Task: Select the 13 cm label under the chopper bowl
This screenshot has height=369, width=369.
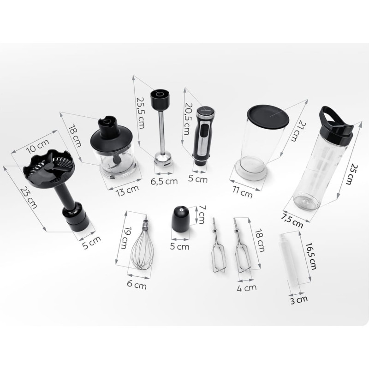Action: (x=127, y=190)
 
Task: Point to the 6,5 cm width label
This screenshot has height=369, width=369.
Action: (x=164, y=181)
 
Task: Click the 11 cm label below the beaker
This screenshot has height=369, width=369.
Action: (x=243, y=192)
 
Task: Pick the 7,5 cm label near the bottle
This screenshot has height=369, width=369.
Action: (x=292, y=221)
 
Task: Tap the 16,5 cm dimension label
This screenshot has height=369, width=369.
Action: (x=311, y=256)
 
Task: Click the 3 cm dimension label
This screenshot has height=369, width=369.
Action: (x=299, y=300)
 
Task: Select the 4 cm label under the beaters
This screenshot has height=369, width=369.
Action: (x=247, y=287)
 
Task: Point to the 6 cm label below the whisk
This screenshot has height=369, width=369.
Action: (x=137, y=285)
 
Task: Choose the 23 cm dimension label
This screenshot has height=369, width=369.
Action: (x=29, y=198)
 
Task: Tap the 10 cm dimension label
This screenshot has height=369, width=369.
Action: (x=38, y=146)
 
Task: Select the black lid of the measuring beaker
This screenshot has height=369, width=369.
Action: (x=268, y=117)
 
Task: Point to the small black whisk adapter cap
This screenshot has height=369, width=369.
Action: (x=180, y=218)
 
